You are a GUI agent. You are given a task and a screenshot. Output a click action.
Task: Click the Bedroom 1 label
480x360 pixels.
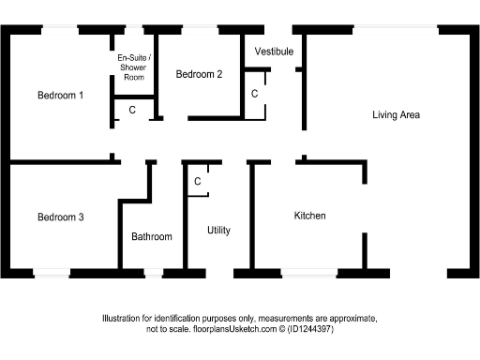[x=61, y=95]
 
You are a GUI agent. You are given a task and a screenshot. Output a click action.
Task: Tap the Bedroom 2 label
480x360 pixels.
[x=199, y=75]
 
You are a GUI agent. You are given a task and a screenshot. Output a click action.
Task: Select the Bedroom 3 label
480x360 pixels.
[x=61, y=217]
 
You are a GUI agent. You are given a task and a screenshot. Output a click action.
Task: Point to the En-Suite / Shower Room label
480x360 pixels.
[x=133, y=67]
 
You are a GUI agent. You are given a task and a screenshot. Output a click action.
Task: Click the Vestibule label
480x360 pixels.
[x=274, y=51]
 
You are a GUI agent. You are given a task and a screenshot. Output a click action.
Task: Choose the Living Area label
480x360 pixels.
[x=396, y=115]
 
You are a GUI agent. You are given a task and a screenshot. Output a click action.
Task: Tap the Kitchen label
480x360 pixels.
[x=310, y=216]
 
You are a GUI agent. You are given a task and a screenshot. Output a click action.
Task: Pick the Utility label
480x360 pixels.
[x=218, y=231]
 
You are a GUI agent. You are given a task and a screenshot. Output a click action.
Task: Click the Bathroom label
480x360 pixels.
[x=152, y=237]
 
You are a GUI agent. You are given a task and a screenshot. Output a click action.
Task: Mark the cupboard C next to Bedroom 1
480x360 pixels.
[x=132, y=110]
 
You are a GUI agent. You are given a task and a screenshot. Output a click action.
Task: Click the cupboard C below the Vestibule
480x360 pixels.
[x=254, y=94]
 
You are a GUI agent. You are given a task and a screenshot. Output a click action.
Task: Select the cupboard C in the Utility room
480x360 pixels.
[x=198, y=181]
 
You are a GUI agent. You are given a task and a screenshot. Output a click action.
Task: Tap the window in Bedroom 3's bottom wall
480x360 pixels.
[x=51, y=274]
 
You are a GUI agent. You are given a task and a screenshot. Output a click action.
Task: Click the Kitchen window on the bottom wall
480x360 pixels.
[x=309, y=274]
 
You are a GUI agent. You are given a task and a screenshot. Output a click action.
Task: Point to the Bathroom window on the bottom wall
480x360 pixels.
[x=152, y=274]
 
